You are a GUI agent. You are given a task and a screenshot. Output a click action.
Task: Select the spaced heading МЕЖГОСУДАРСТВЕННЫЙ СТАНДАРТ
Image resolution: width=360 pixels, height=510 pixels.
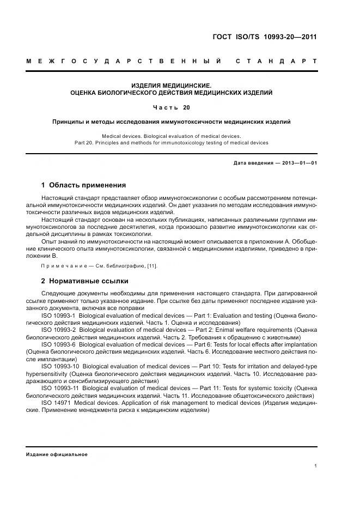pyautogui.click(x=172, y=61)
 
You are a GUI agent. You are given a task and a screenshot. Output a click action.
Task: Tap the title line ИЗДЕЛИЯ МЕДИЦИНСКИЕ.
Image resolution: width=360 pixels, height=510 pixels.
pyautogui.click(x=171, y=86)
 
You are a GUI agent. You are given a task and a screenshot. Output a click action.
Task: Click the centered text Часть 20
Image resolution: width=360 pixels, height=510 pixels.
pyautogui.click(x=171, y=107)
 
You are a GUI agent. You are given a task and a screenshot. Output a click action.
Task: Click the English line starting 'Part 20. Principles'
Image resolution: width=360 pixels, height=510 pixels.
pyautogui.click(x=171, y=143)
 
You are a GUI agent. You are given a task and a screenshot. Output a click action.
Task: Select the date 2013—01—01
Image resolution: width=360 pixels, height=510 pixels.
pyautogui.click(x=299, y=163)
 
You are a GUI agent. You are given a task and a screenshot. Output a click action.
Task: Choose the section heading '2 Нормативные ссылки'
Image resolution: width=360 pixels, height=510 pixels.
pyautogui.click(x=85, y=281)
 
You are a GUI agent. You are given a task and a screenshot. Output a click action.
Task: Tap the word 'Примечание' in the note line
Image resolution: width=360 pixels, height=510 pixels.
pyautogui.click(x=59, y=265)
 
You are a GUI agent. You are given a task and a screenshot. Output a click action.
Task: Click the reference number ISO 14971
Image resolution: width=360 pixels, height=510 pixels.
pyautogui.click(x=56, y=403)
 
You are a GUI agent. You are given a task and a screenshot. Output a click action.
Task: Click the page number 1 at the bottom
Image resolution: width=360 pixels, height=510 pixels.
pyautogui.click(x=316, y=466)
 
